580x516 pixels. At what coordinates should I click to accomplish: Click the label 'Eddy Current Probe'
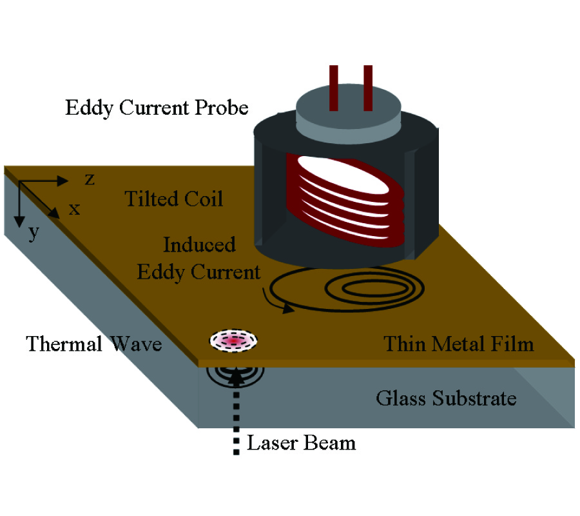[157, 107]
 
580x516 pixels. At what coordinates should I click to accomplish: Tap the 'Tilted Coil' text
[173, 199]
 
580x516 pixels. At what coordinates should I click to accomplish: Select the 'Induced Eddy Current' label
[198, 258]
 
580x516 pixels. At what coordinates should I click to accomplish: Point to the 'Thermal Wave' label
[93, 344]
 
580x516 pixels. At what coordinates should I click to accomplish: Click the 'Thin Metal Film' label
[459, 343]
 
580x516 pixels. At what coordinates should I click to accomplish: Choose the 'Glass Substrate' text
[446, 398]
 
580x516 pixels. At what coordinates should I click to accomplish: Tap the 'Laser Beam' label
[302, 443]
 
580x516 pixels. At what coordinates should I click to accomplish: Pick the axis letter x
[75, 208]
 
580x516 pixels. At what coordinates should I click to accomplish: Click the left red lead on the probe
[334, 87]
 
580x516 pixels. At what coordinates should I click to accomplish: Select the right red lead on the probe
[368, 87]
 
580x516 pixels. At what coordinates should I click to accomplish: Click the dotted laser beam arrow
[235, 413]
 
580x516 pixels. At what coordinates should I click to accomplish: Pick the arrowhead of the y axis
[19, 219]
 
